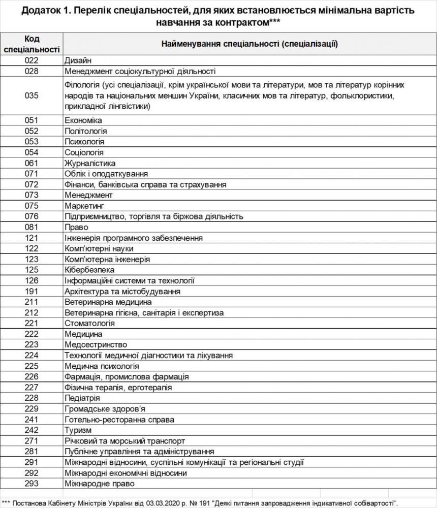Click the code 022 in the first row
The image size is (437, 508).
pyautogui.click(x=31, y=60)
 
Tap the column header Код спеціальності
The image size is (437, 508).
pyautogui.click(x=31, y=44)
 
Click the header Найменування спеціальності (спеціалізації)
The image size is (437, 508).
pyautogui.click(x=249, y=44)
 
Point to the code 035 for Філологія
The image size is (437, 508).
pyautogui.click(x=31, y=96)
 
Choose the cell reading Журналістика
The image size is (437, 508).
pyautogui.click(x=90, y=163)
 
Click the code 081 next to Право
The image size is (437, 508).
pyautogui.click(x=31, y=227)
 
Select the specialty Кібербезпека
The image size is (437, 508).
pyautogui.click(x=89, y=270)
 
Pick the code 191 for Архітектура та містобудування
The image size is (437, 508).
pyautogui.click(x=31, y=292)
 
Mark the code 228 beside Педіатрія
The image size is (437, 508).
pyautogui.click(x=31, y=398)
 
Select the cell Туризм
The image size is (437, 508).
pyautogui.click(x=78, y=430)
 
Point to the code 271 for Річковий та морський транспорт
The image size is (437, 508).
pyautogui.click(x=31, y=440)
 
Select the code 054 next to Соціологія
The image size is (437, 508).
pyautogui.click(x=31, y=152)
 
